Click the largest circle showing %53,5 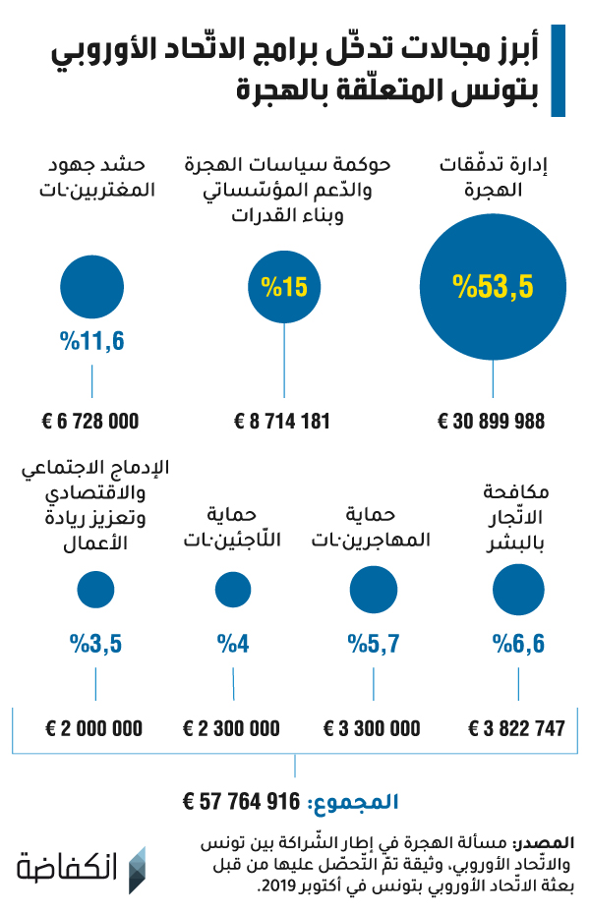493,287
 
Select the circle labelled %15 284,287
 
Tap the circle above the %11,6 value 92,287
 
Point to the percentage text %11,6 92,341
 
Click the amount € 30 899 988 492,421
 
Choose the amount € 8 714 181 282,421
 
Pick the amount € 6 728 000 90,421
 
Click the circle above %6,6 518,590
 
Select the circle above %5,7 373,590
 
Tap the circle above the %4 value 233,590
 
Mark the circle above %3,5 95,590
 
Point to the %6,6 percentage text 518,644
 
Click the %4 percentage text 233,644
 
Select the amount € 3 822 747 517,728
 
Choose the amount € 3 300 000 372,728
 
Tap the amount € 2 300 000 231,728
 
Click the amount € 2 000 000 93,728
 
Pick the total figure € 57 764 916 241,802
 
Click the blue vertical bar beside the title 558,71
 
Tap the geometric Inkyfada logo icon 137,870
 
